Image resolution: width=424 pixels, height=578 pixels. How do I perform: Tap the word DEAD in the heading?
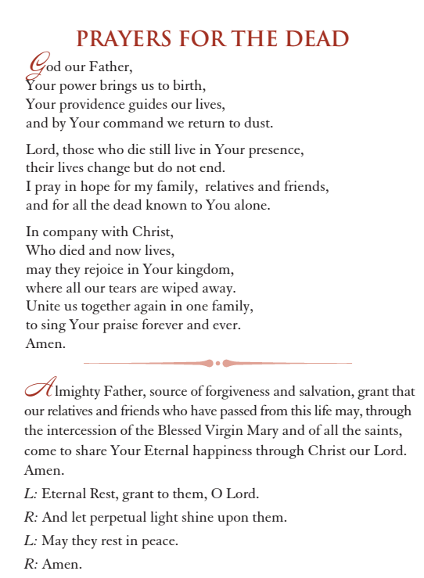(x=316, y=39)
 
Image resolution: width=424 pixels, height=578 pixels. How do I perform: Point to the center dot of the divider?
(x=217, y=363)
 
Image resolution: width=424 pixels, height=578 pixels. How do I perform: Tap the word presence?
(x=275, y=149)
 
